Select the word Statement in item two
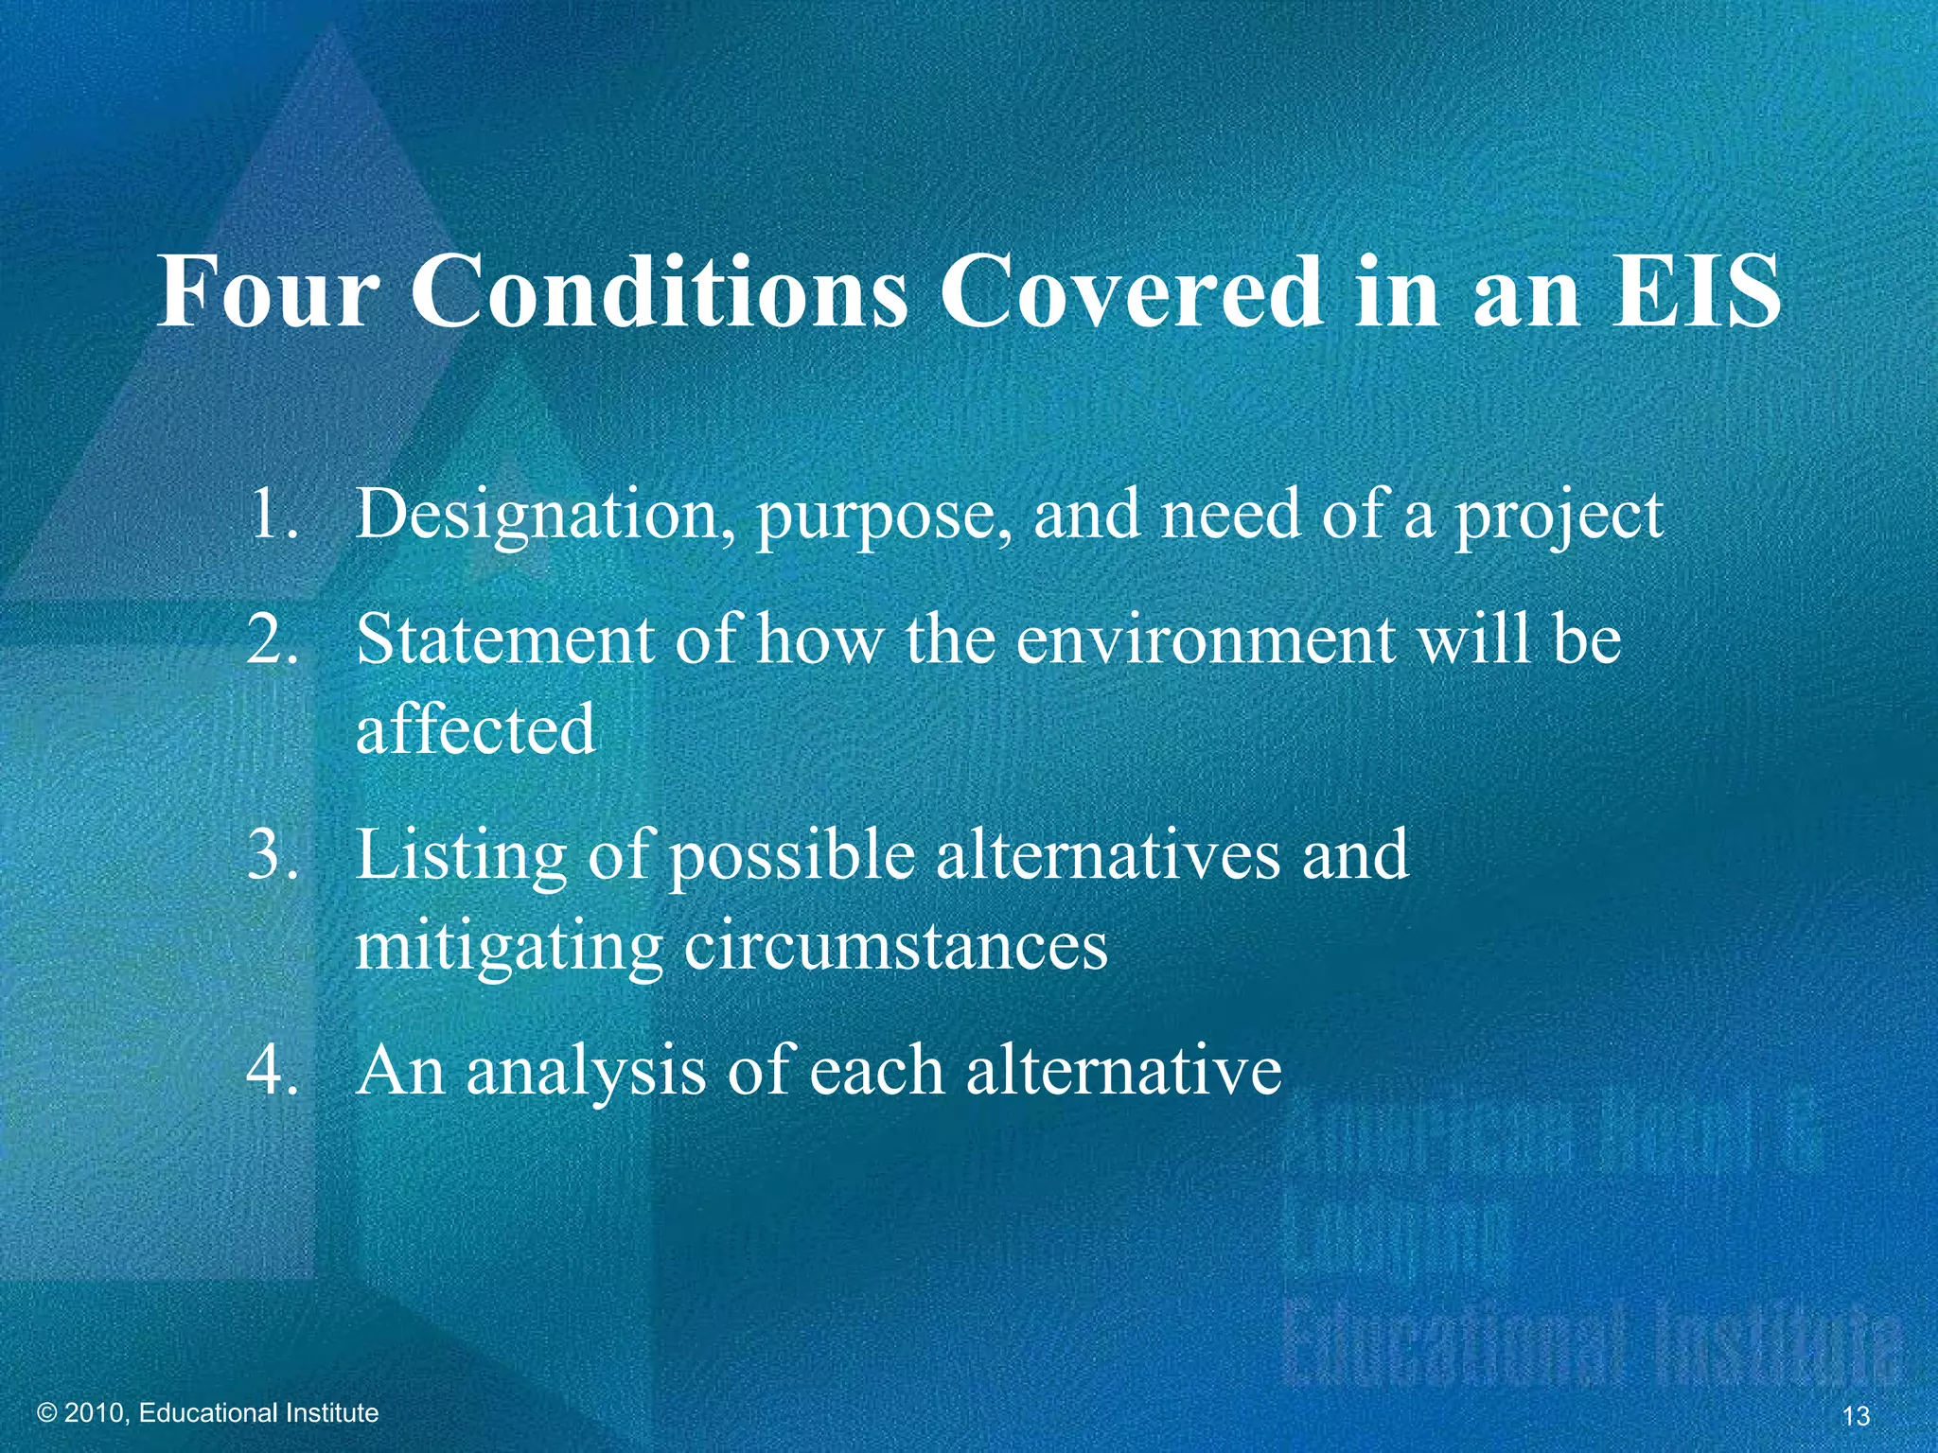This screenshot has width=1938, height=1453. point(505,639)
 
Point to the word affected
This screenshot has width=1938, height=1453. point(476,729)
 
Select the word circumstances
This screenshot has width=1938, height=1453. point(895,947)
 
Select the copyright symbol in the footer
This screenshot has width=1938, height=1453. point(47,1413)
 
